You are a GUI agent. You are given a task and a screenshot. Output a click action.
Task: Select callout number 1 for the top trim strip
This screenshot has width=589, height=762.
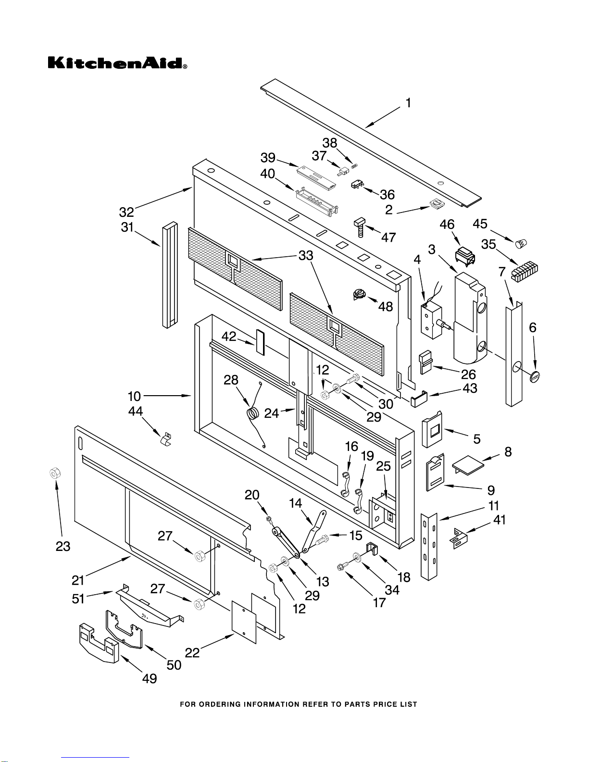click(x=408, y=103)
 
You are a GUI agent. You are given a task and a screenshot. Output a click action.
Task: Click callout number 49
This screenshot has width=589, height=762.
click(x=150, y=678)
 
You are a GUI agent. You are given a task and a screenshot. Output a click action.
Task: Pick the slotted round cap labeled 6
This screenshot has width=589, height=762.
click(x=535, y=377)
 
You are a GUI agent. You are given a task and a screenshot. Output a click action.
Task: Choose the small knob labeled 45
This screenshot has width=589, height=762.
click(x=521, y=243)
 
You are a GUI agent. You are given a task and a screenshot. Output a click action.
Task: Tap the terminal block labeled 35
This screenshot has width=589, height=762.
click(x=524, y=272)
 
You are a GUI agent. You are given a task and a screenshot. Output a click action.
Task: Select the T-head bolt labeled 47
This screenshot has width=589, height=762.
click(x=360, y=227)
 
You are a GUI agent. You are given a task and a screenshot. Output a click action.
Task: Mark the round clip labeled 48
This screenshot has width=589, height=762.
click(x=359, y=294)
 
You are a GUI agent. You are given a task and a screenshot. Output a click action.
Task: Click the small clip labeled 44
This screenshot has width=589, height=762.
click(x=167, y=439)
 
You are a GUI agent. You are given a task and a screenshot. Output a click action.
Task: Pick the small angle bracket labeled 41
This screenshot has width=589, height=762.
click(x=458, y=538)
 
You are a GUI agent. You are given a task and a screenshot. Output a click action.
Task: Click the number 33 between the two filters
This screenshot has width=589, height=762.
click(x=305, y=256)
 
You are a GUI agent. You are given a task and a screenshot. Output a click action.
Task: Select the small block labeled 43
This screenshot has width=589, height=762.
click(x=419, y=399)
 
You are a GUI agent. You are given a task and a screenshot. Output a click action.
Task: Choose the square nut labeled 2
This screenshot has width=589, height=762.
click(x=437, y=204)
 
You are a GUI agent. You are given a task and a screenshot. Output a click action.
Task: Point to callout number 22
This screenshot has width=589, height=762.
click(x=192, y=652)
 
